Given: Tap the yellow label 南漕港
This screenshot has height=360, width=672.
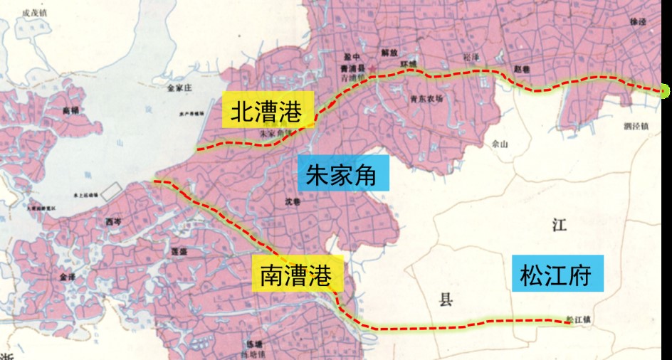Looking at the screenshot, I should tap(298, 272).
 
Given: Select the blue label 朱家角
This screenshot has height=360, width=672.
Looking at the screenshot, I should tap(344, 173).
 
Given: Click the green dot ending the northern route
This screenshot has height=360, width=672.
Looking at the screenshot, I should tap(665, 91).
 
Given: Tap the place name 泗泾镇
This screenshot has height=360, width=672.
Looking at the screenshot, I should tap(635, 127).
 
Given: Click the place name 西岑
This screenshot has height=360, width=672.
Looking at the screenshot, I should tap(114, 222).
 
